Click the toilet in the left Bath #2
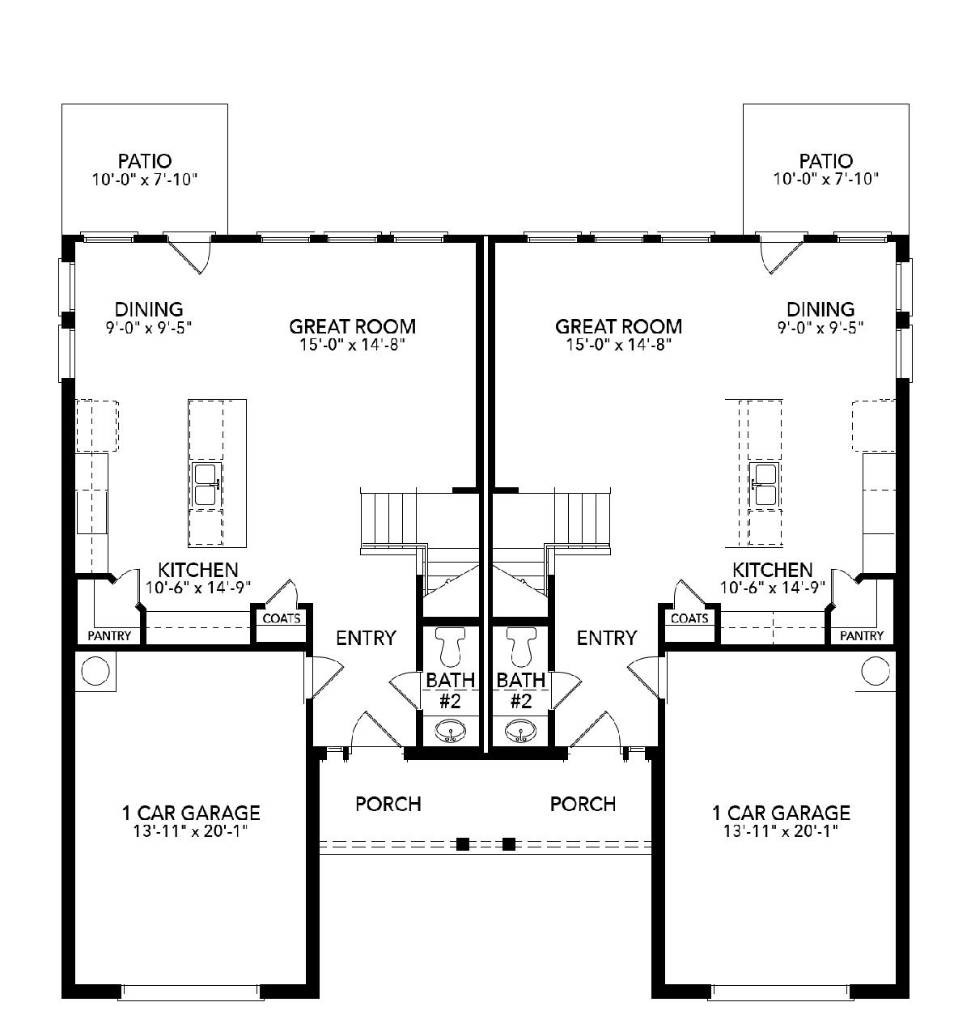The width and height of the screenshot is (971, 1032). click(x=450, y=646)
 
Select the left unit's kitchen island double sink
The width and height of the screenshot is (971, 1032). click(x=208, y=485)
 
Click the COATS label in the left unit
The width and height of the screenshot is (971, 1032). click(x=282, y=618)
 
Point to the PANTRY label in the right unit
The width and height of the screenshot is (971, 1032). click(x=862, y=635)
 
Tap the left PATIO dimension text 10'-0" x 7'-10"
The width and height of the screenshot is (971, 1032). click(x=145, y=180)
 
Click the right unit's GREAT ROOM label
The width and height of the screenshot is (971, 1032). click(x=618, y=326)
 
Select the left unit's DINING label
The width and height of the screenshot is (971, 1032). click(x=149, y=309)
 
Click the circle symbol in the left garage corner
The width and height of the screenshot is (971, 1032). click(x=95, y=670)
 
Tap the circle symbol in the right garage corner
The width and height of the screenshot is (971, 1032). click(x=876, y=670)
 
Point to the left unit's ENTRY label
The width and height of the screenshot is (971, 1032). click(x=367, y=638)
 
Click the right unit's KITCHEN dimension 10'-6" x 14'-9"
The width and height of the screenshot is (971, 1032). click(x=773, y=587)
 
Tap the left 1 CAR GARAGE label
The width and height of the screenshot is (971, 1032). click(x=191, y=812)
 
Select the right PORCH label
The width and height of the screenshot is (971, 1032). click(x=583, y=804)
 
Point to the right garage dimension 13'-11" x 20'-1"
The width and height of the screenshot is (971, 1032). click(x=781, y=831)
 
